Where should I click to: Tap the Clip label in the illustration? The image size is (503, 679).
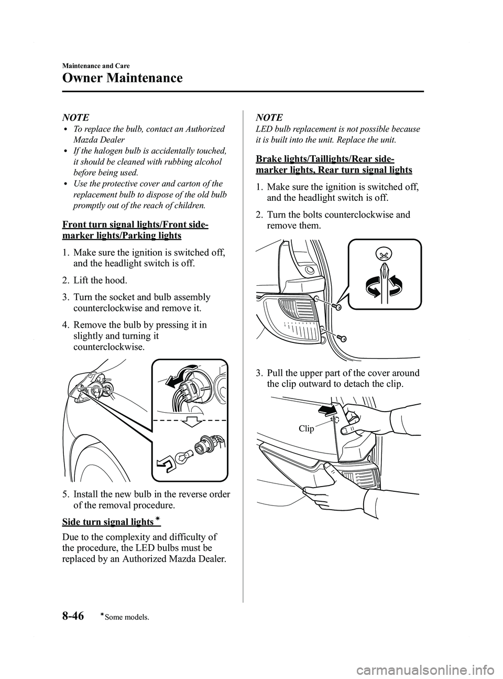[307, 429]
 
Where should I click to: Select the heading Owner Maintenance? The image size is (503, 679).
[122, 78]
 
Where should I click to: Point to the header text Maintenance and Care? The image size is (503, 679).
[96, 66]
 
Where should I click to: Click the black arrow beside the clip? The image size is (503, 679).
[325, 408]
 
